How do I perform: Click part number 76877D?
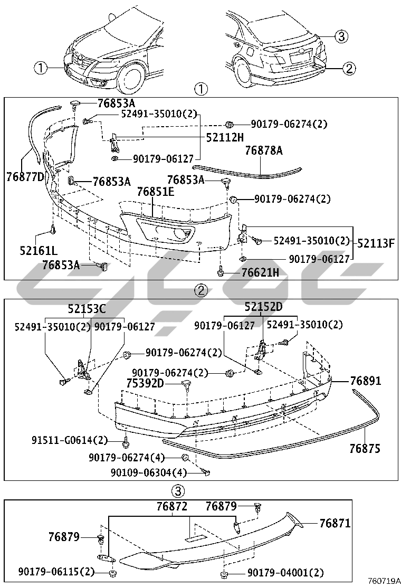click(x=25, y=176)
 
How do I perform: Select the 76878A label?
click(x=264, y=150)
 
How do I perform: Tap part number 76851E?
click(x=156, y=192)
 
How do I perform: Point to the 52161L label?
click(x=39, y=250)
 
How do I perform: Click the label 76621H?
click(x=260, y=272)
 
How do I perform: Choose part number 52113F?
click(x=376, y=243)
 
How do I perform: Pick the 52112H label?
click(x=225, y=138)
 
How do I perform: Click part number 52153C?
click(x=87, y=309)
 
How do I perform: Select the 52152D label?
click(x=264, y=307)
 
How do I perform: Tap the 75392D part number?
click(x=145, y=383)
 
